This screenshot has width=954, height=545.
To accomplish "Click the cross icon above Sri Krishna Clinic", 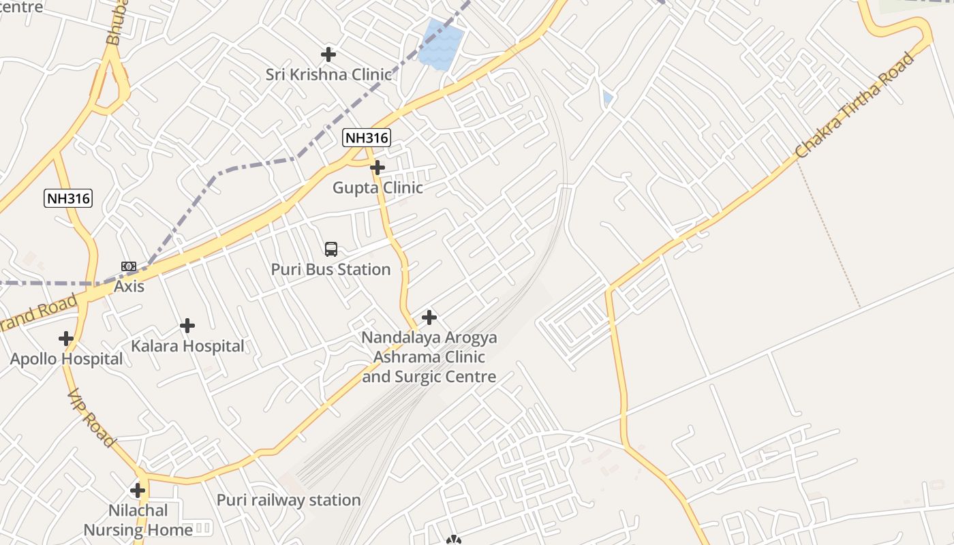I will pyautogui.click(x=328, y=54).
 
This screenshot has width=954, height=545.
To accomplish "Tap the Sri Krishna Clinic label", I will pyautogui.click(x=328, y=74).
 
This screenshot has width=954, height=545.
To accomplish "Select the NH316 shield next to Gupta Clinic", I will pyautogui.click(x=367, y=138).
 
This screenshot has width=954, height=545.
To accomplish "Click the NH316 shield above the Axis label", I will pyautogui.click(x=68, y=198).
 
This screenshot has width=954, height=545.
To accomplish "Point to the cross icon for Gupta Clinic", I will pyautogui.click(x=377, y=167).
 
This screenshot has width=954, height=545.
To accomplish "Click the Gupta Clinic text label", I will pyautogui.click(x=378, y=187).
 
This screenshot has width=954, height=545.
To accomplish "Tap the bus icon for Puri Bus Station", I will pyautogui.click(x=331, y=249).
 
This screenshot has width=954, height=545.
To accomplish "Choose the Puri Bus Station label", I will pyautogui.click(x=331, y=269).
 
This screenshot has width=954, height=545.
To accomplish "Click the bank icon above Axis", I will pyautogui.click(x=129, y=266).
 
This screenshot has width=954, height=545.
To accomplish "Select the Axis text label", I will pyautogui.click(x=129, y=286).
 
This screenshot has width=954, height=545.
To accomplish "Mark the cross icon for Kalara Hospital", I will pyautogui.click(x=187, y=326).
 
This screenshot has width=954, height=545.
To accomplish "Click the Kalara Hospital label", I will pyautogui.click(x=187, y=346).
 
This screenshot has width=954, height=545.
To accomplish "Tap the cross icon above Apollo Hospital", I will pyautogui.click(x=66, y=339).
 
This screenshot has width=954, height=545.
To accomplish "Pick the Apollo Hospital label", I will pyautogui.click(x=66, y=359).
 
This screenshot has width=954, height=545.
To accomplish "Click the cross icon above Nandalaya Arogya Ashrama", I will pyautogui.click(x=429, y=317).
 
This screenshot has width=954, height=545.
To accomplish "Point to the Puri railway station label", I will pyautogui.click(x=288, y=500).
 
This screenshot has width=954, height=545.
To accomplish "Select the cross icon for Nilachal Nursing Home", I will pyautogui.click(x=138, y=490).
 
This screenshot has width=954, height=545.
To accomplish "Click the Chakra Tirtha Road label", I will pyautogui.click(x=856, y=106).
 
